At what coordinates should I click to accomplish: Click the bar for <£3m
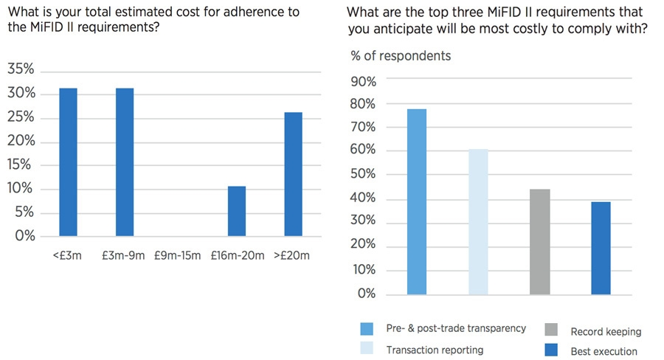pos(68,162)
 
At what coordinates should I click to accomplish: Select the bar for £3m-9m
pos(124,162)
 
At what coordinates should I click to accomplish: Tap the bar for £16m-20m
pos(236,211)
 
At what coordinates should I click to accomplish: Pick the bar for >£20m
pos(292,174)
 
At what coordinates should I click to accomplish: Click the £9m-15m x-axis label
pos(180,256)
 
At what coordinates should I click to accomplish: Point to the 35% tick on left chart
pos(21,69)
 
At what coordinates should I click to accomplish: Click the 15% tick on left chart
pos(21,165)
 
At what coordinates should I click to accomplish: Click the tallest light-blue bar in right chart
pos(417,201)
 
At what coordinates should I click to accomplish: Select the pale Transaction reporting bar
pos(478,221)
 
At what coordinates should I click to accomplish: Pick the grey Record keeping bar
pos(539,241)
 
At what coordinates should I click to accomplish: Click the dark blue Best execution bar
pos(601,248)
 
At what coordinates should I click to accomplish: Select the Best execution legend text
pos(604,351)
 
